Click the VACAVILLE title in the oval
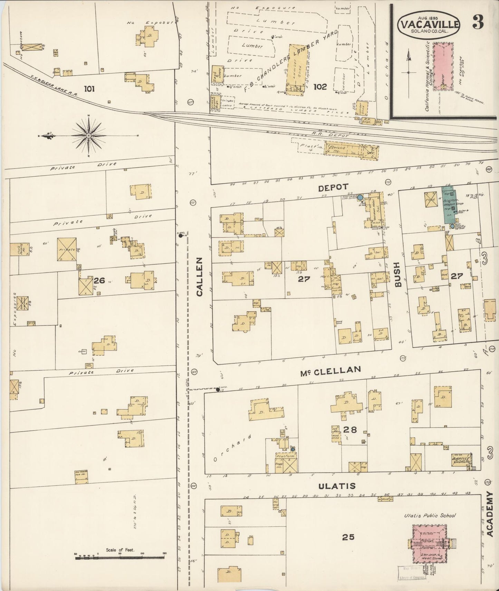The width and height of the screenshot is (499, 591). tap(429, 24)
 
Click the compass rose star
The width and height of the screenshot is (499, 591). tap(89, 136)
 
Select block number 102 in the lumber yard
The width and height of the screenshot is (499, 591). tap(320, 87)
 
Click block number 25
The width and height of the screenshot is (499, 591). tap(348, 537)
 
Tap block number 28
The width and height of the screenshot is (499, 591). tap(350, 430)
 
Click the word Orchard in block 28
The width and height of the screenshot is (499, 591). tap(231, 447)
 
